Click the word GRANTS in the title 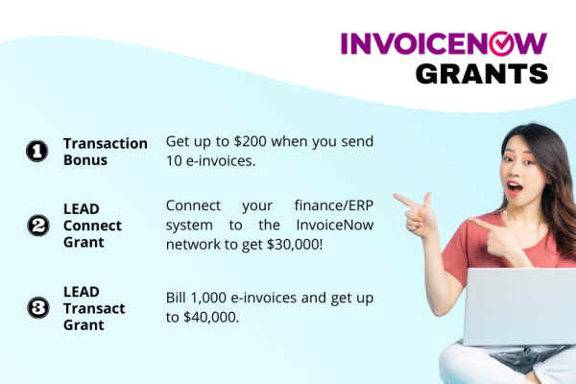481,73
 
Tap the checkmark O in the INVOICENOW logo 505,43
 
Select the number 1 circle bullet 36,152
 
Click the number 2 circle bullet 36,226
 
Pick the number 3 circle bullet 36,308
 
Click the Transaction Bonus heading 106,152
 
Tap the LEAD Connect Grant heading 92,226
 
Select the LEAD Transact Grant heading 92,308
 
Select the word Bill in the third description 179,298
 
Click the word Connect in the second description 195,205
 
